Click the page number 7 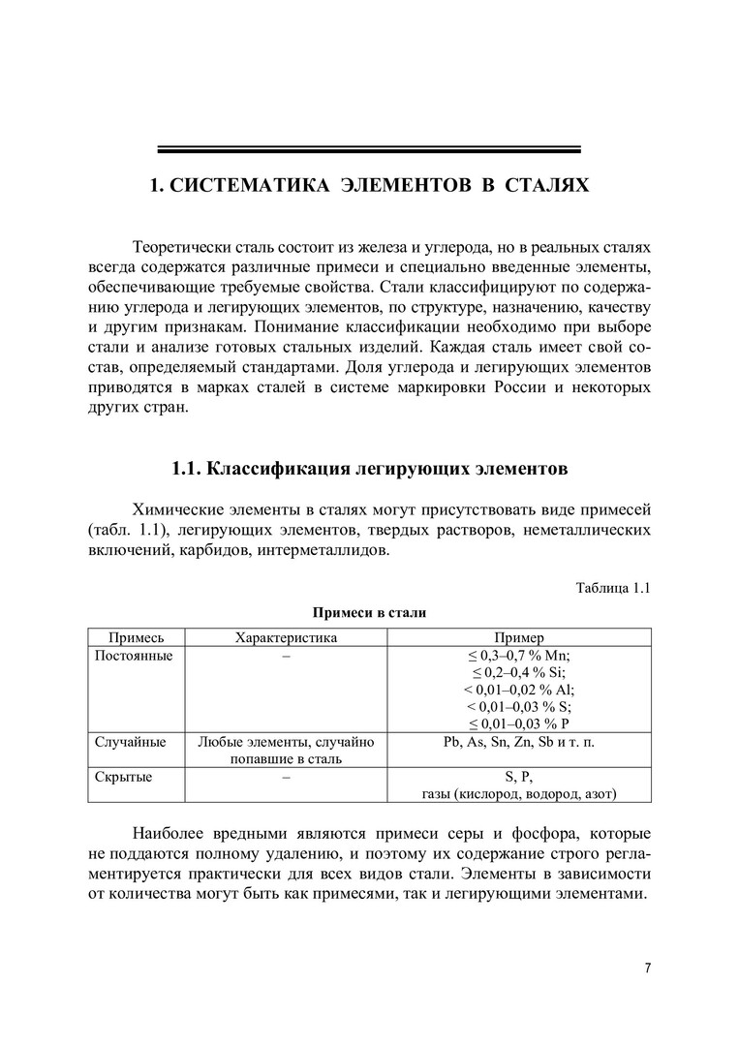tap(648, 968)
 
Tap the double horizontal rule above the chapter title tap(369, 149)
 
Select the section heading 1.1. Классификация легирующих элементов tap(369, 469)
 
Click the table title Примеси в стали tap(369, 612)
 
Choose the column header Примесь tap(136, 637)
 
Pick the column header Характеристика tap(286, 637)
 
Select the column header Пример tap(519, 637)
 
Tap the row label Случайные tap(131, 742)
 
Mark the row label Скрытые tap(123, 777)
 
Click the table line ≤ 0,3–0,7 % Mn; tap(519, 656)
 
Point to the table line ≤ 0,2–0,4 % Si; tap(519, 673)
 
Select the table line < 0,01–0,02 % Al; tap(519, 691)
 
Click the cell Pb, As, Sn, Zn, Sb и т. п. tap(519, 742)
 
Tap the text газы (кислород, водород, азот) tap(519, 794)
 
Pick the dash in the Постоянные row tap(286, 656)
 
